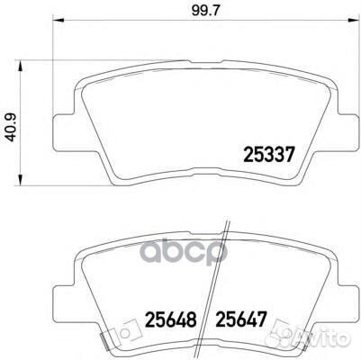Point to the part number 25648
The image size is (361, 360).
[x=164, y=319]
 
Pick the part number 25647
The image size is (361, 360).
[x=237, y=319]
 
